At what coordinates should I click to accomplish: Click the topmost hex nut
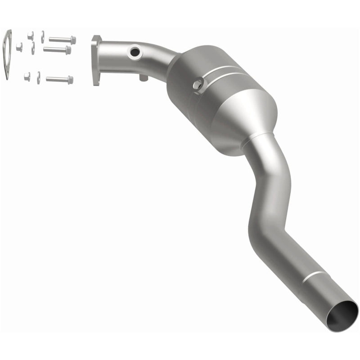point(30,36)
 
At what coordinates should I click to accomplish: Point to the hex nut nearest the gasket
point(19,47)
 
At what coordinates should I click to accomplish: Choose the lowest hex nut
point(27,76)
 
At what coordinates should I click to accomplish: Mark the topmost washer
point(43,36)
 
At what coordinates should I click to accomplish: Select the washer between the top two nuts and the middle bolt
point(33,48)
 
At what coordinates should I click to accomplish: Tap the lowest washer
point(39,77)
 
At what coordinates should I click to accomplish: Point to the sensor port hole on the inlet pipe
point(134,53)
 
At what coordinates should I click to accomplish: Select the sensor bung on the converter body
point(197,84)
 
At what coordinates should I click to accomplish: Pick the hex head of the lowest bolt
point(70,80)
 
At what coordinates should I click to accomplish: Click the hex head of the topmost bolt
point(73,40)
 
